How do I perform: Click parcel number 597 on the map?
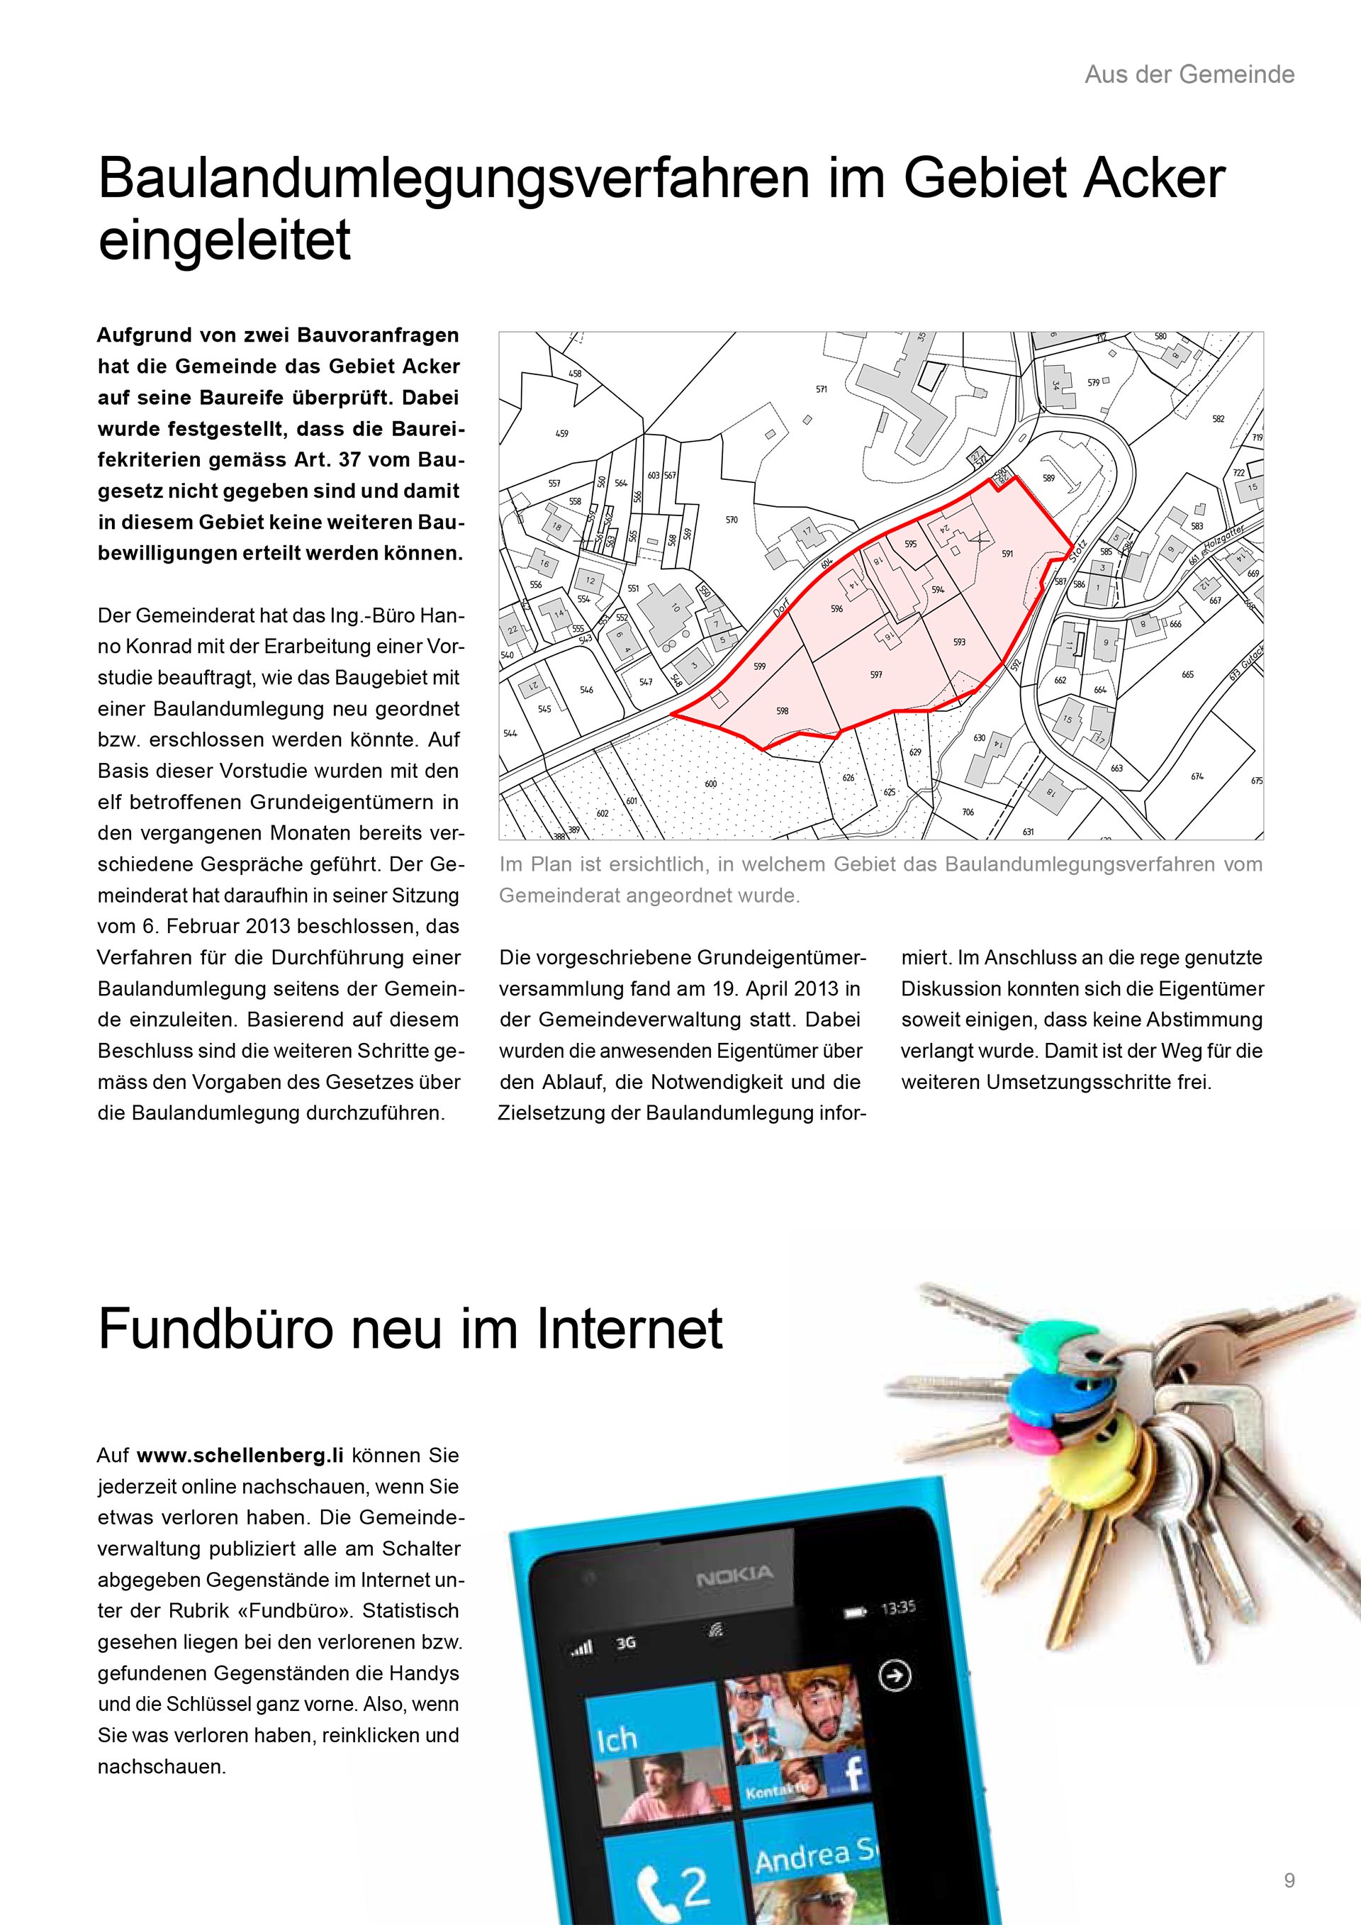(875, 674)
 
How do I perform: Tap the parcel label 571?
(822, 389)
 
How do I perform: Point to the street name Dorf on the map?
(781, 608)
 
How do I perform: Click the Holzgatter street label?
(1223, 533)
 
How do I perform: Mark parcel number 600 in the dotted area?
(711, 783)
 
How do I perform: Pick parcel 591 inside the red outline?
(1007, 553)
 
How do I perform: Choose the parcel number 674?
(1197, 776)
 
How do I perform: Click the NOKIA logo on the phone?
(734, 1577)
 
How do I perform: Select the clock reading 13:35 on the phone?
(897, 1608)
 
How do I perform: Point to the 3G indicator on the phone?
(626, 1644)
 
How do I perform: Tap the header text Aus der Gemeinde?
(1189, 74)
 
